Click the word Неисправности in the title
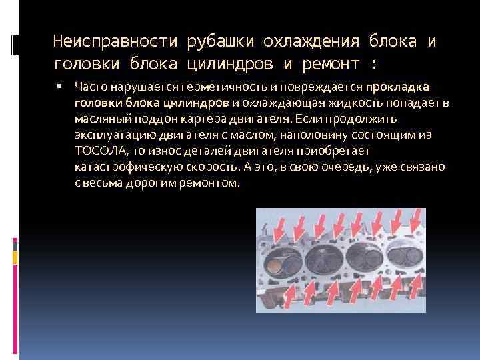point(111,42)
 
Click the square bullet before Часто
point(60,86)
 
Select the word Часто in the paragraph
point(90,87)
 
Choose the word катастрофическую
point(121,167)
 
